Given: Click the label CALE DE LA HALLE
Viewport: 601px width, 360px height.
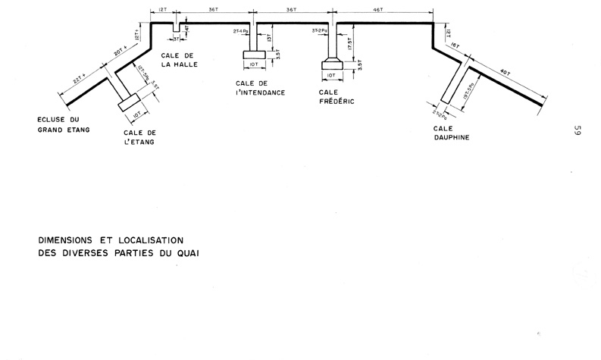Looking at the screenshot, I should [x=180, y=60].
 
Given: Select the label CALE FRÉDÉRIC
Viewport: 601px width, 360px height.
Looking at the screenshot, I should [x=337, y=95].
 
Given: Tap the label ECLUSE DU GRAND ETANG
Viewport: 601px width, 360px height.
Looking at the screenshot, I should [x=64, y=124].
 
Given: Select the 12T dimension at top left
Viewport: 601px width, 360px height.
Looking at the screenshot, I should [x=163, y=10].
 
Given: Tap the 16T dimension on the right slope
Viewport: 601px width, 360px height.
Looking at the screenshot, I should [x=455, y=46].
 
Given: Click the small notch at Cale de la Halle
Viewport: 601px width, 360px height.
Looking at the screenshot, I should [x=176, y=28].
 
